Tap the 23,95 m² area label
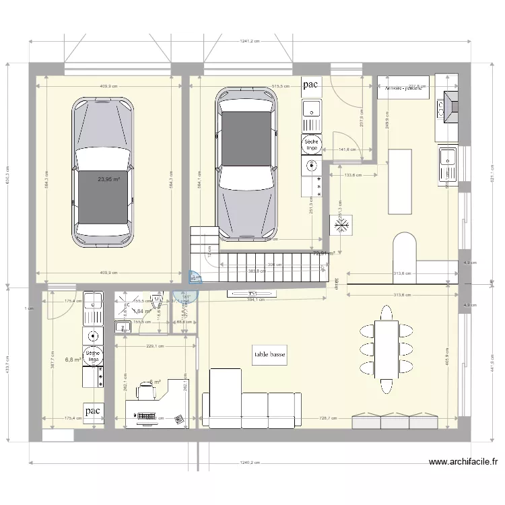[108, 180]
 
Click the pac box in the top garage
[310, 84]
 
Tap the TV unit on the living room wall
[252, 294]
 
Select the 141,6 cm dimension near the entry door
[347, 149]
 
